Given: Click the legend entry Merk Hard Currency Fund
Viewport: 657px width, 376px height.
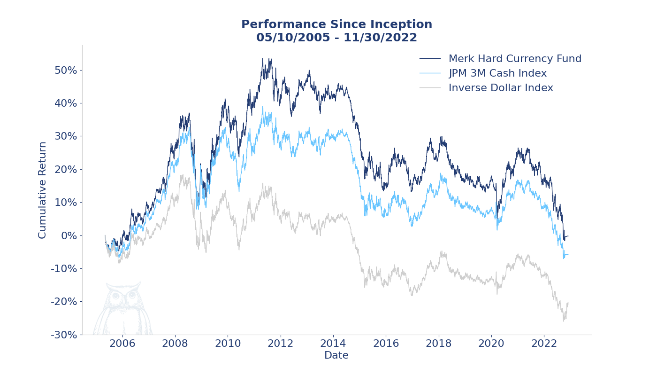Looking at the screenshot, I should click(x=515, y=59).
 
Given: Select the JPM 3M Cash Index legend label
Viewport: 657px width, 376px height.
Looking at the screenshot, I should click(x=497, y=74).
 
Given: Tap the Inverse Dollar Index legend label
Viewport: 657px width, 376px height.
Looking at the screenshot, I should click(x=501, y=88).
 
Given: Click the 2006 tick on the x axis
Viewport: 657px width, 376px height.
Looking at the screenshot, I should click(x=122, y=344).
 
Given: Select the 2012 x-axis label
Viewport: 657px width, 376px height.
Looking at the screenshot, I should click(x=280, y=344).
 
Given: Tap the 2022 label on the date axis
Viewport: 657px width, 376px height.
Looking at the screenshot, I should click(x=543, y=344).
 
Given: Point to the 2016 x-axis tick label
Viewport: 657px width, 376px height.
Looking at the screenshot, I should click(x=386, y=344).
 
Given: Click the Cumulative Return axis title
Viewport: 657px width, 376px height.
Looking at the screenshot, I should click(x=43, y=190).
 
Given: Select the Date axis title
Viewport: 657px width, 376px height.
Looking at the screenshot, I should click(x=336, y=356).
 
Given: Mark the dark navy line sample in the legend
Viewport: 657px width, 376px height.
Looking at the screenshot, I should click(x=430, y=59).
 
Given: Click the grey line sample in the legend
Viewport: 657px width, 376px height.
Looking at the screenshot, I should click(x=430, y=88).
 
